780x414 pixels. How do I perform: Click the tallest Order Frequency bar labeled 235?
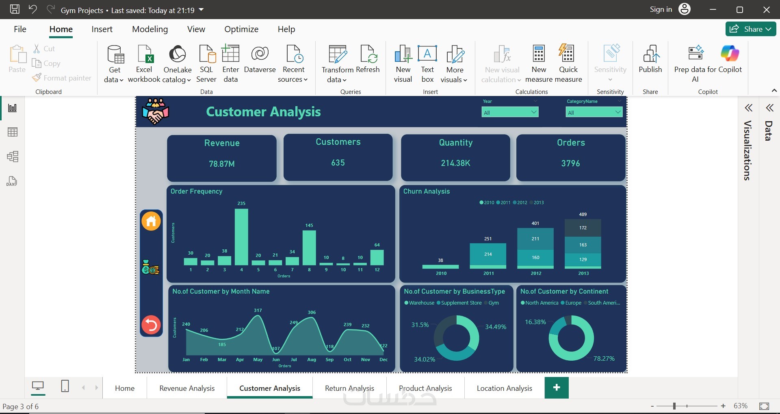[241, 237]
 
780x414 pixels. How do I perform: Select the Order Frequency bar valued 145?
[309, 248]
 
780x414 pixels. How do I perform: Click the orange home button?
[151, 221]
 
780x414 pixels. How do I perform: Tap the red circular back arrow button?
[151, 325]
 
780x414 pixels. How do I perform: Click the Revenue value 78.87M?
[222, 164]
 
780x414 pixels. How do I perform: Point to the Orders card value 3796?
[570, 163]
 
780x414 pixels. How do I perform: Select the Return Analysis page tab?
[349, 388]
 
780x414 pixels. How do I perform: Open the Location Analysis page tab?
[504, 388]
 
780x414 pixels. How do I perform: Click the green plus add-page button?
[557, 388]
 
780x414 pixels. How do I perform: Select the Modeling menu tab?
[150, 29]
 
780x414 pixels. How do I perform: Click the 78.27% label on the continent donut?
[604, 359]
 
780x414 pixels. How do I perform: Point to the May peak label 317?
[258, 310]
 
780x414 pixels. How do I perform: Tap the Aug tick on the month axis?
[312, 360]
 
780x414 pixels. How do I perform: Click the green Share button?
[750, 29]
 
